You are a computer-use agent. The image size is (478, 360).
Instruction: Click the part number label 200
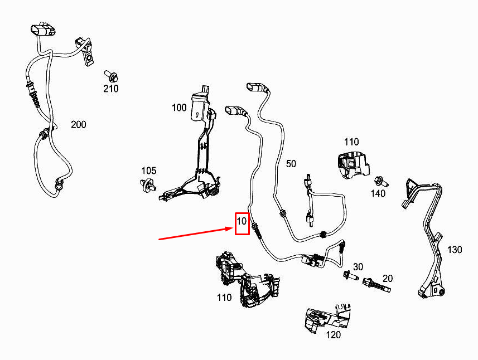click(78, 125)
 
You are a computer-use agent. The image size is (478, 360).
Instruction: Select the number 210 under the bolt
click(110, 89)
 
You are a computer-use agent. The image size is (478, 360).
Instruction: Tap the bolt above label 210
click(112, 76)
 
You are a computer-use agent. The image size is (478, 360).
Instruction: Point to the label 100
click(179, 108)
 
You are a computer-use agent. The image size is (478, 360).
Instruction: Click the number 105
click(149, 171)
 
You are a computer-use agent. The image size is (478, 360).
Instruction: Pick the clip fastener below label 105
click(148, 185)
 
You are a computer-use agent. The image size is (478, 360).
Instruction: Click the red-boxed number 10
click(242, 221)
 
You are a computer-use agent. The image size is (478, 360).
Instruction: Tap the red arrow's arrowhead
click(230, 228)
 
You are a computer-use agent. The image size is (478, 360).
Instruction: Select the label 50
click(291, 164)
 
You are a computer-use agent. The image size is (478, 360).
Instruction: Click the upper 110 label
click(351, 142)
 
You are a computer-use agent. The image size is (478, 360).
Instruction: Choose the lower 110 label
click(224, 297)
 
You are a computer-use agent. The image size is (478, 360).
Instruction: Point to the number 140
click(378, 193)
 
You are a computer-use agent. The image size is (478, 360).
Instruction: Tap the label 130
click(455, 250)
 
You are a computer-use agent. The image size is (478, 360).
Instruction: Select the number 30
click(358, 267)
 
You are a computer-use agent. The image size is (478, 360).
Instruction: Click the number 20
click(388, 279)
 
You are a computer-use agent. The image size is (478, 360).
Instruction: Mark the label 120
click(333, 335)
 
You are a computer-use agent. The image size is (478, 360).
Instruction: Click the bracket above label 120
click(329, 318)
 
